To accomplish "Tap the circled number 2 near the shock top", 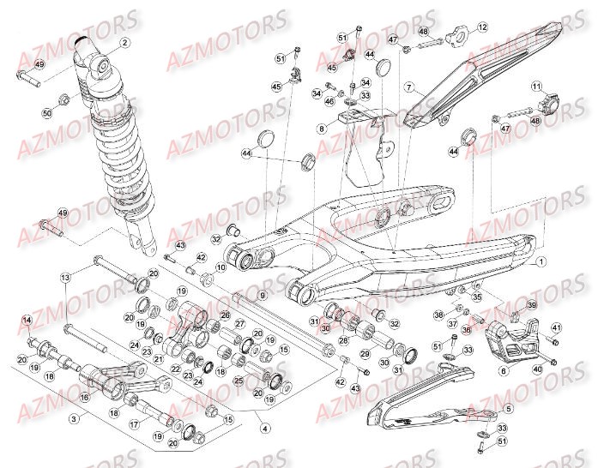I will click(124, 42).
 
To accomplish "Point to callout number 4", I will click(265, 428).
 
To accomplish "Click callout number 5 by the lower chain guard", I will click(508, 410).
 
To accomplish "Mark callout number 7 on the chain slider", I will click(410, 87).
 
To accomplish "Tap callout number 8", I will click(322, 129).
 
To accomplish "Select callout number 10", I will click(220, 268).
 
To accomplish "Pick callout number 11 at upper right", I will click(536, 86).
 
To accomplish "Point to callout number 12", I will click(483, 27).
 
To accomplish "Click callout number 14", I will click(27, 321).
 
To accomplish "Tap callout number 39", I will click(531, 306).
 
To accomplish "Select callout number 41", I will click(555, 327).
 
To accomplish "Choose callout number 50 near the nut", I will click(46, 112).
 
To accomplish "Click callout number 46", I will click(329, 101).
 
